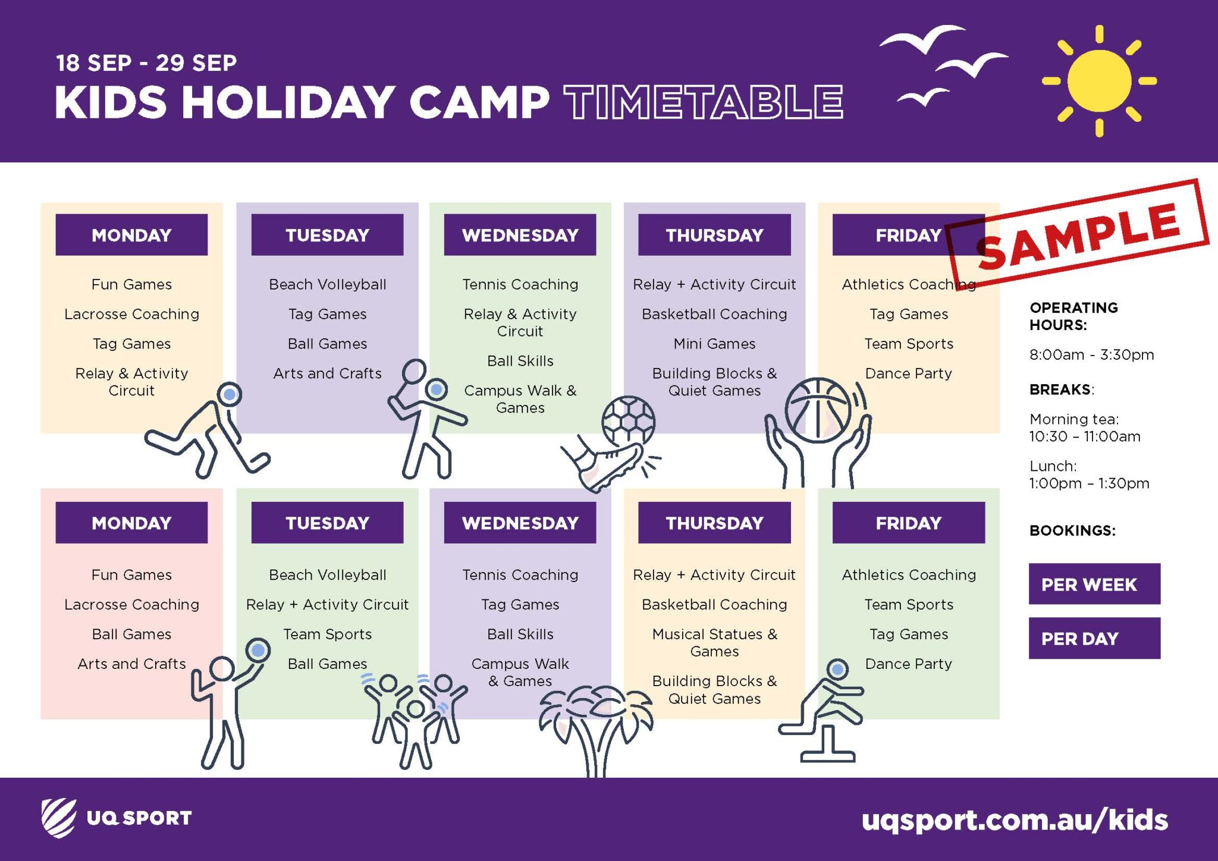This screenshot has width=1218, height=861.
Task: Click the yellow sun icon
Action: click(1099, 81)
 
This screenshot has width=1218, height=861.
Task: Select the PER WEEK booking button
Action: click(1094, 584)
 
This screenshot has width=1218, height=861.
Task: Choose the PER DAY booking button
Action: click(1094, 638)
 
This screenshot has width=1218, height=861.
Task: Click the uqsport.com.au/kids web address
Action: click(1015, 820)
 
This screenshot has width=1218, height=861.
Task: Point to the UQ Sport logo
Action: click(117, 818)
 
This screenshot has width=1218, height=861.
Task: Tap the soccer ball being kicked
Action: click(628, 422)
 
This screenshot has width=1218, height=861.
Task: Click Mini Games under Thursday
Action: click(714, 344)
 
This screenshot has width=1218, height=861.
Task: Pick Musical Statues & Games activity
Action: click(714, 643)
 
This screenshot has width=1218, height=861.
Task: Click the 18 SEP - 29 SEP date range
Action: click(146, 63)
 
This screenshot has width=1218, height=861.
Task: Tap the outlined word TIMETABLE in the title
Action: click(704, 102)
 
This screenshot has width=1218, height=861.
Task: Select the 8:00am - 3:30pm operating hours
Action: click(1091, 355)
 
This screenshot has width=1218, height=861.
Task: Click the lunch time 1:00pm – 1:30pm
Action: click(1089, 483)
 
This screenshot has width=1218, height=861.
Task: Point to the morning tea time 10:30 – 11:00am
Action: click(1085, 436)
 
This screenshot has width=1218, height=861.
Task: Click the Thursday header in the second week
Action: click(714, 523)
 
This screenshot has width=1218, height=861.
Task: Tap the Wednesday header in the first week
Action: click(520, 235)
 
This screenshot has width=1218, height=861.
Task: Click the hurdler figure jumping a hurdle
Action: click(823, 711)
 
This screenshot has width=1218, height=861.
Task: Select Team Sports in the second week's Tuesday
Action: click(327, 634)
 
